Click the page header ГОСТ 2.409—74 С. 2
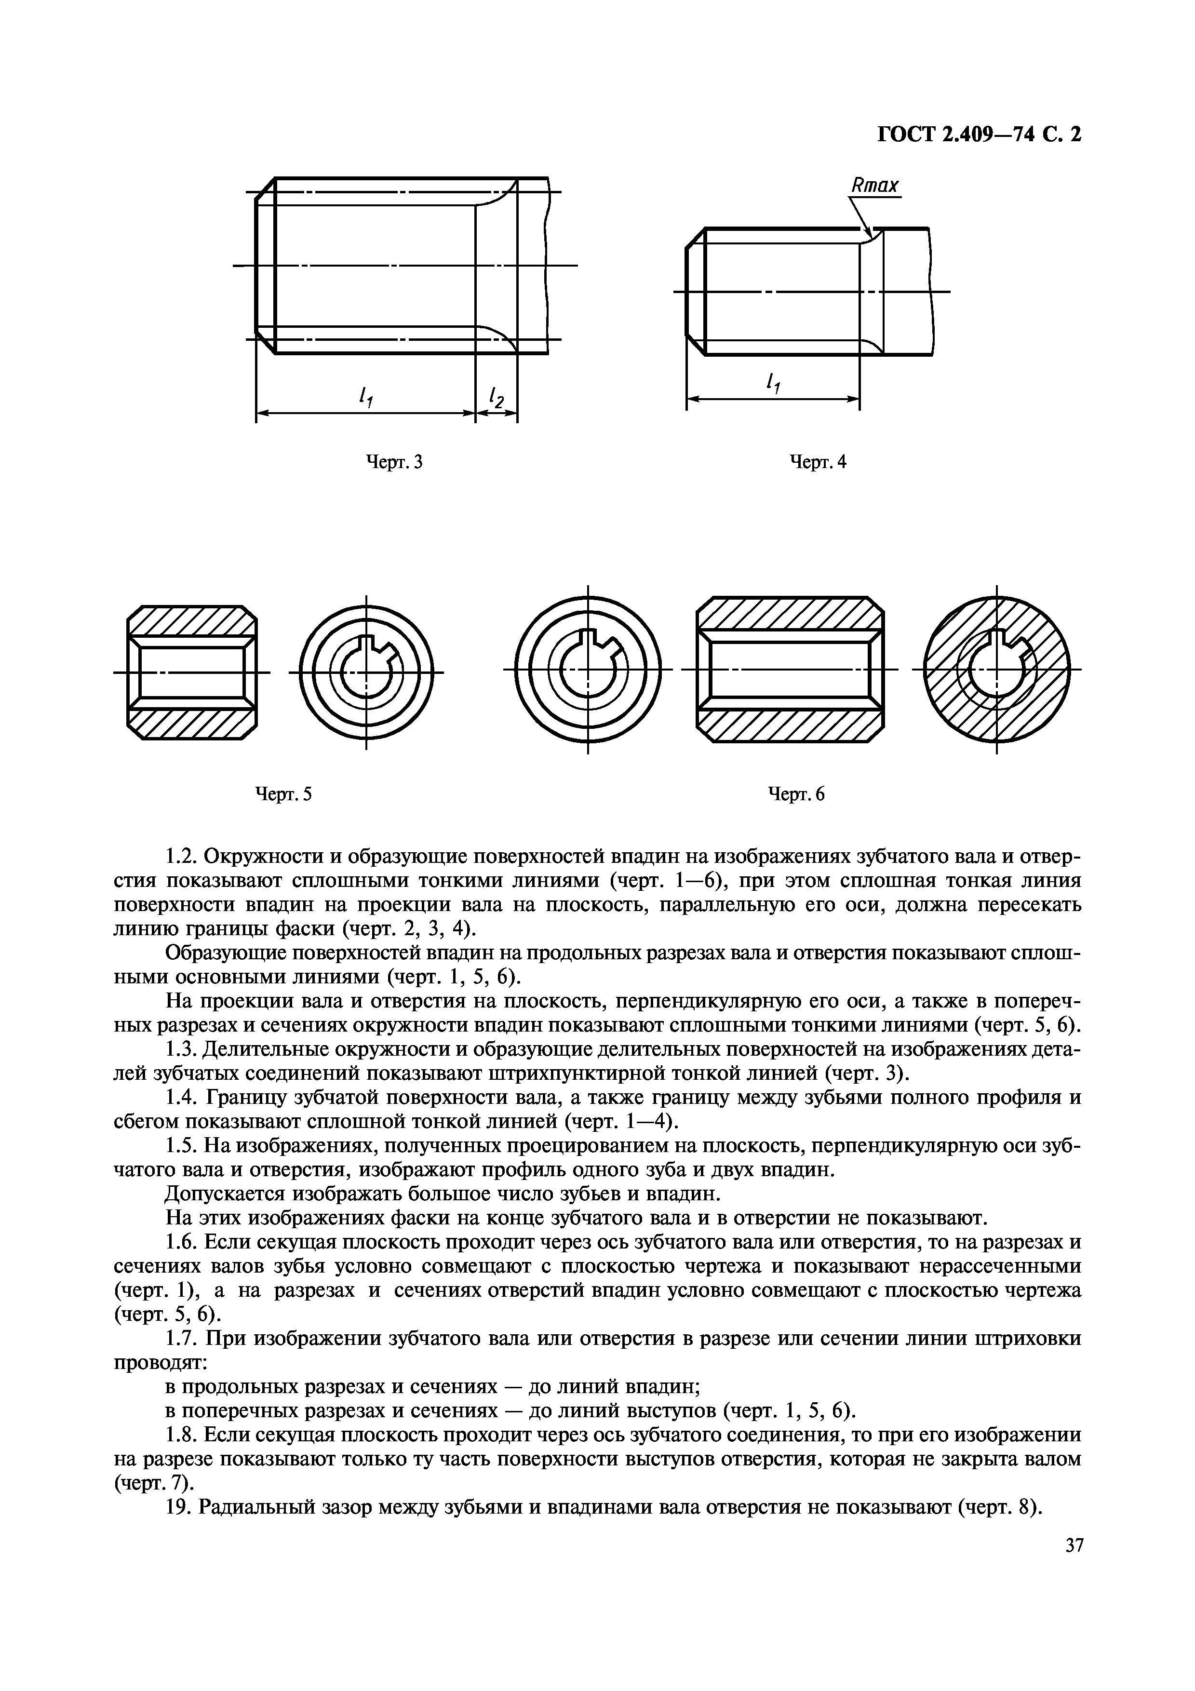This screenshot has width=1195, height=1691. click(979, 135)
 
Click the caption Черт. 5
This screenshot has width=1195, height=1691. click(283, 794)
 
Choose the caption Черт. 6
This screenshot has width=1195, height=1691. click(797, 794)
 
